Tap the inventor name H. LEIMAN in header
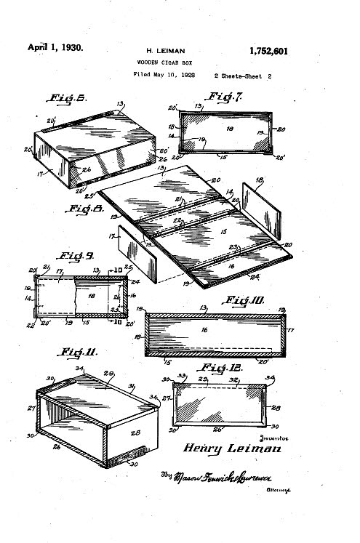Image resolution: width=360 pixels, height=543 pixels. (x=167, y=52)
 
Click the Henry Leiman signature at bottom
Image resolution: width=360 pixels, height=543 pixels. (x=229, y=448)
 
